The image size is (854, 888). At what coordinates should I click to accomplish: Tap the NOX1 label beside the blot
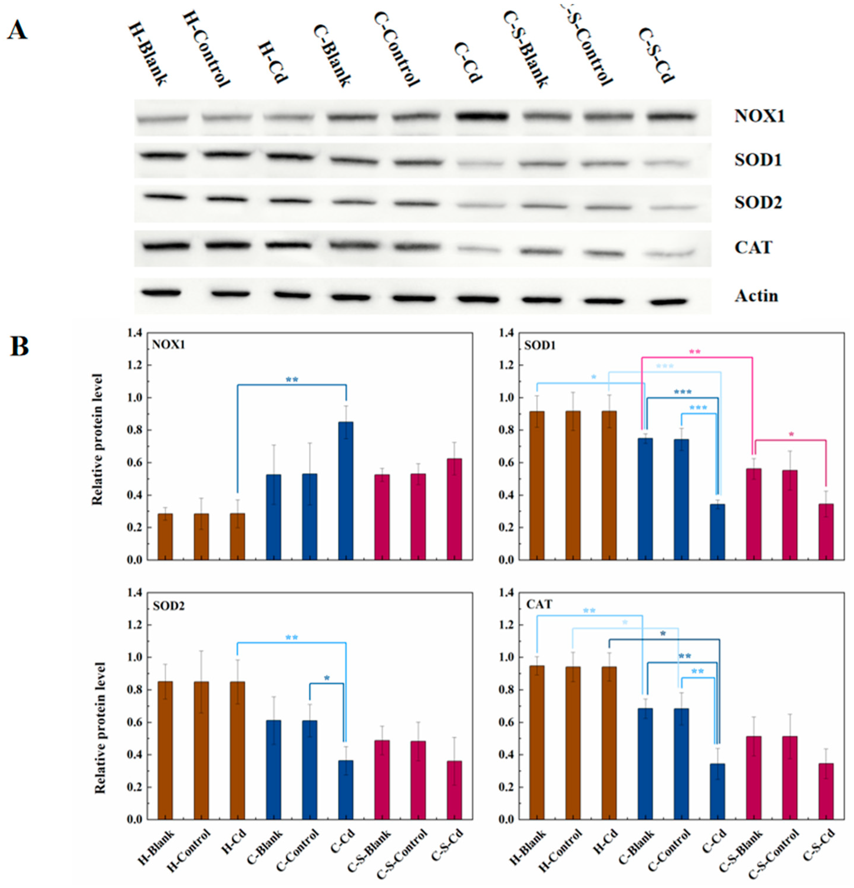point(759,116)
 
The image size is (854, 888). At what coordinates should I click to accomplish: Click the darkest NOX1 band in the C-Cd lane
point(482,116)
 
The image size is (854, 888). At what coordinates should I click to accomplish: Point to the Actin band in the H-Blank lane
point(161,293)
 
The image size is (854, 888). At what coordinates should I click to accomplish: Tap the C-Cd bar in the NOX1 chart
point(346,491)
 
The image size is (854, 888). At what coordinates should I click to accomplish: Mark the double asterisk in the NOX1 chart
point(292,380)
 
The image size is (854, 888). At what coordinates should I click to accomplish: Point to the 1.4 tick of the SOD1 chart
point(506,333)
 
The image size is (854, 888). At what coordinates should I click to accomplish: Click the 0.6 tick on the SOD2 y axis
point(134,722)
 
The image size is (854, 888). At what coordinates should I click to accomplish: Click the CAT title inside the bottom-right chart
point(539,604)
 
